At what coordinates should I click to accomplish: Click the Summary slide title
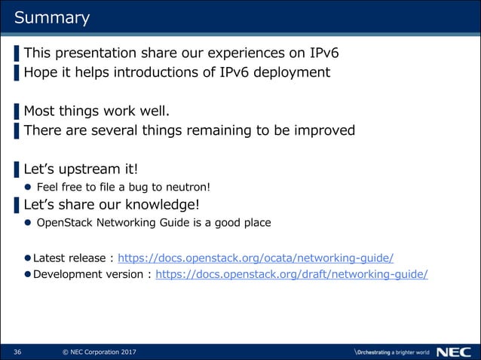(52, 17)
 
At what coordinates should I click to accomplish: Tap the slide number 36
(17, 352)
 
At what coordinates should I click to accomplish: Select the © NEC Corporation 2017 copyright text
(99, 352)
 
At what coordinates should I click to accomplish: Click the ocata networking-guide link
(256, 257)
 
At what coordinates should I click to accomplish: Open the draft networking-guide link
(291, 274)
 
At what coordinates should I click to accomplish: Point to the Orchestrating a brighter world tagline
(391, 352)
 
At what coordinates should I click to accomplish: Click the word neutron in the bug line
(194, 188)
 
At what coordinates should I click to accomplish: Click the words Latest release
(69, 257)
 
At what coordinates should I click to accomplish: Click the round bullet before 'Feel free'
(28, 188)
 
